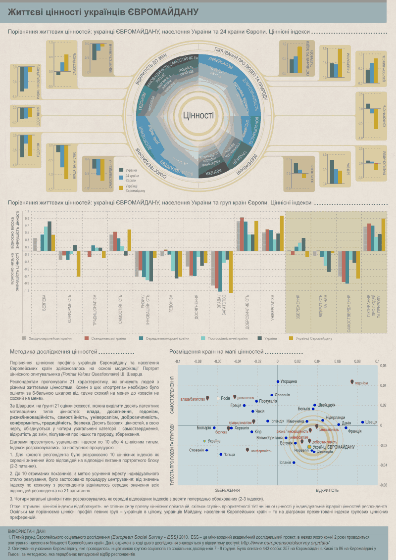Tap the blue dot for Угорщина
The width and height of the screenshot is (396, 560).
[278, 381]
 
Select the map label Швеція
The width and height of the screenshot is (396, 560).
[371, 422]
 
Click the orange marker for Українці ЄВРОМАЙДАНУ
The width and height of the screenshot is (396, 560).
[309, 446]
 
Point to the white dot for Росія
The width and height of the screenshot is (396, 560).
[218, 398]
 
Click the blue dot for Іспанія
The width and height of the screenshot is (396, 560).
[294, 463]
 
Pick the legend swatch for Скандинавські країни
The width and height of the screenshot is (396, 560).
[86, 338]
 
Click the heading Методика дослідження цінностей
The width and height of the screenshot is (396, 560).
[53, 352]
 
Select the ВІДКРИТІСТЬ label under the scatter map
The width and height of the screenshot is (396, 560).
[327, 490]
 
